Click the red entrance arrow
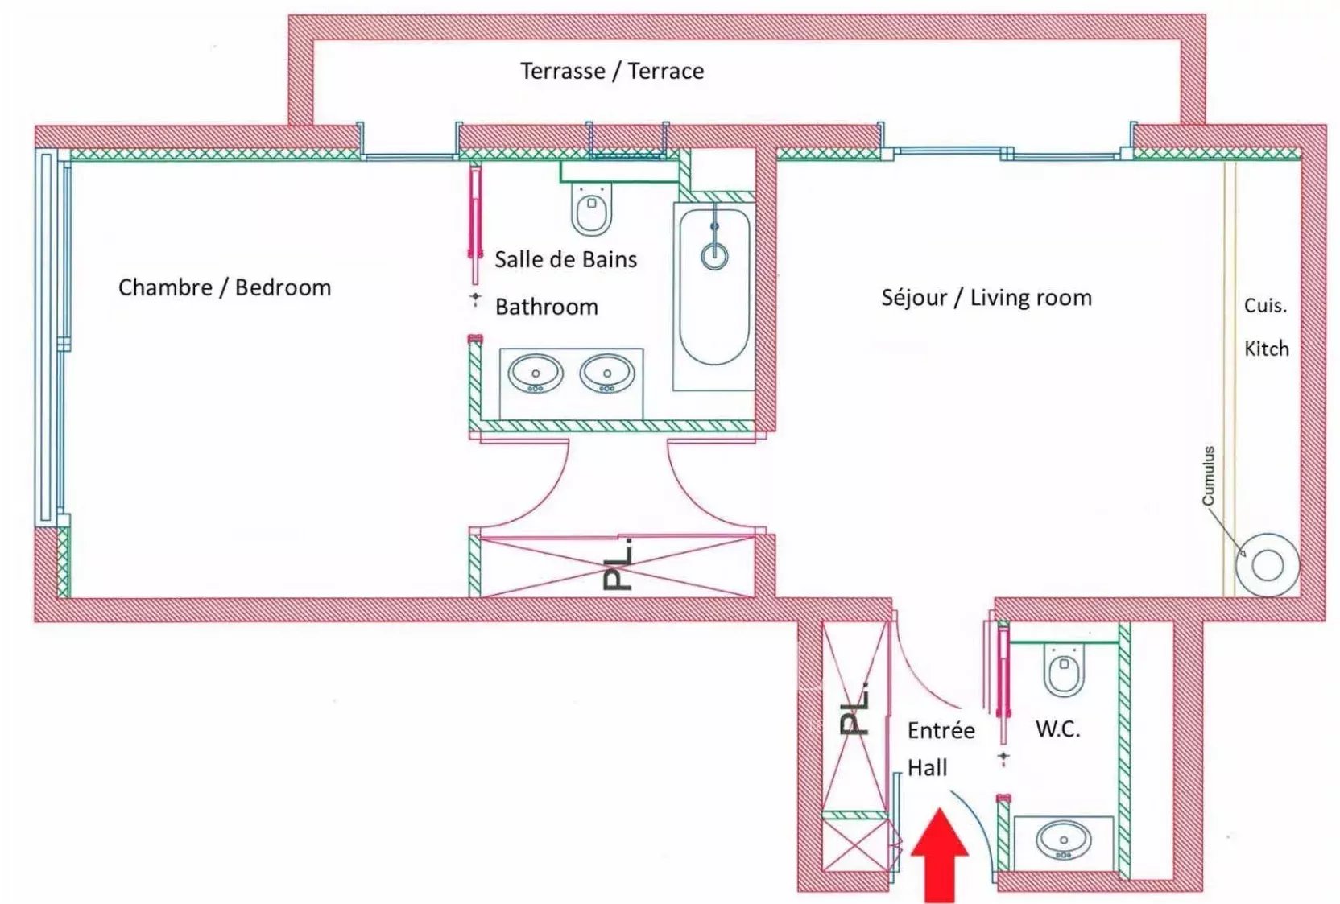[x=939, y=857]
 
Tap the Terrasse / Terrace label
[x=612, y=71]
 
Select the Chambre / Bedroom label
[x=225, y=287]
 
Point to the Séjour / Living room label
[x=986, y=298]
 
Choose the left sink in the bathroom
[x=535, y=374]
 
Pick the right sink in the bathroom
[x=607, y=374]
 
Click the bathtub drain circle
[x=714, y=256]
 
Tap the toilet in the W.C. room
[x=1064, y=669]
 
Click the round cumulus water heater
[x=1268, y=565]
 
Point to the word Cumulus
[x=1208, y=476]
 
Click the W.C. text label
[x=1057, y=729]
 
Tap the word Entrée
[x=941, y=730]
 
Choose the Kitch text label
[x=1266, y=349]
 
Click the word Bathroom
[x=546, y=307]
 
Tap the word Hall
[x=927, y=768]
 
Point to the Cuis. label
[x=1265, y=306]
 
